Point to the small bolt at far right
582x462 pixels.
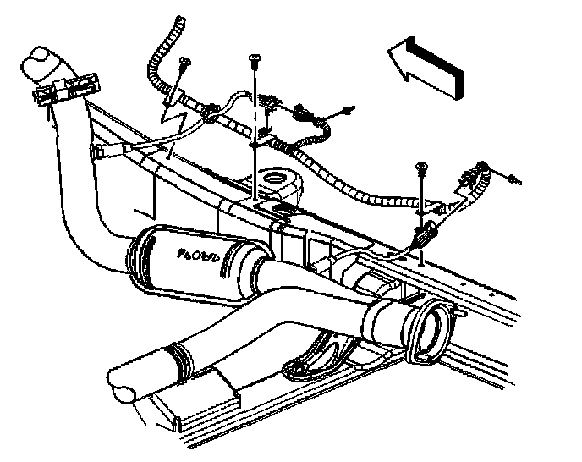point(515,180)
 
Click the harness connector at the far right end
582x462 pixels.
point(468,179)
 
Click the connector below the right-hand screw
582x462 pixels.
point(425,229)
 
